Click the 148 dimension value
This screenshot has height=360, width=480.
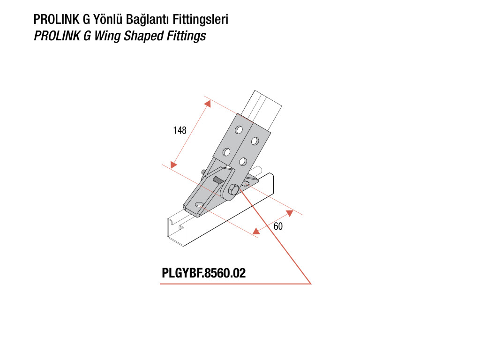point(180,130)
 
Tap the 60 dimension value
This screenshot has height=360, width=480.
point(278,226)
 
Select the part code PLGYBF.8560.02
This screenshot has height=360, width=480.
point(203,273)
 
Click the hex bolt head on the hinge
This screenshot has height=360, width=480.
point(233,190)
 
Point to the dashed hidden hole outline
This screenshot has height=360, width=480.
point(245,184)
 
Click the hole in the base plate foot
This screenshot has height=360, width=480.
point(200,204)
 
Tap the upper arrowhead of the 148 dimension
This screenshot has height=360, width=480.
point(208,104)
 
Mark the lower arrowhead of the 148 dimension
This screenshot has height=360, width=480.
point(173,165)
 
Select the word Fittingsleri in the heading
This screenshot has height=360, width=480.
point(201,19)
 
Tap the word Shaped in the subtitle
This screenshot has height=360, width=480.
point(144,36)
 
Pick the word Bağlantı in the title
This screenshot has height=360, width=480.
point(148,20)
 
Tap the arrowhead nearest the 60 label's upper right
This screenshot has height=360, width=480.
point(289,213)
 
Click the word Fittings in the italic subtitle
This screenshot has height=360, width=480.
point(186,36)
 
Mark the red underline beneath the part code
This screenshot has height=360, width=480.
point(235,284)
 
